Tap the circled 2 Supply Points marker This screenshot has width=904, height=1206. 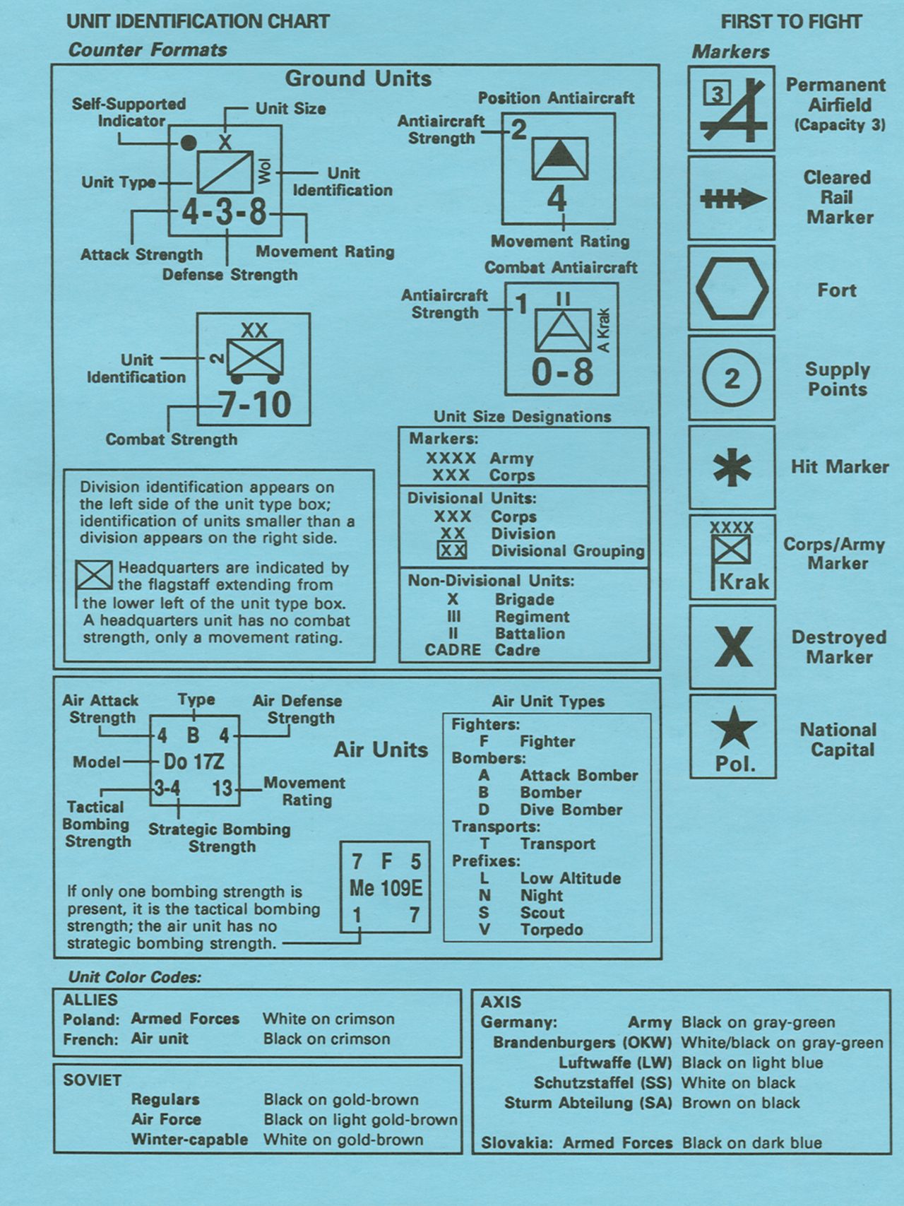pyautogui.click(x=732, y=379)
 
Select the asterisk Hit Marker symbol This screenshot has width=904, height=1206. pyautogui.click(x=732, y=468)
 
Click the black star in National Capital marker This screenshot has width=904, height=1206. pyautogui.click(x=734, y=728)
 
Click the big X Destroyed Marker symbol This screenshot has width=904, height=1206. pyautogui.click(x=733, y=646)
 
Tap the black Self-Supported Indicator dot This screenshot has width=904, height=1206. pyautogui.click(x=188, y=143)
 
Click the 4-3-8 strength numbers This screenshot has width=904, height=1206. pyautogui.click(x=225, y=211)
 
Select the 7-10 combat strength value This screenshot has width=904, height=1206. pyautogui.click(x=254, y=405)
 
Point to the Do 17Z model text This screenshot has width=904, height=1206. pyautogui.click(x=194, y=762)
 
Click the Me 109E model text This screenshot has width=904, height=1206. pyautogui.click(x=386, y=888)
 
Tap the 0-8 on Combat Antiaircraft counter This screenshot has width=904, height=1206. pyautogui.click(x=562, y=372)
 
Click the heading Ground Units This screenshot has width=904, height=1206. pyautogui.click(x=358, y=78)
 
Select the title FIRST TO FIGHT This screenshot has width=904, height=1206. pyautogui.click(x=791, y=22)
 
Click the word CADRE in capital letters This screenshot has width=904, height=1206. pyautogui.click(x=453, y=650)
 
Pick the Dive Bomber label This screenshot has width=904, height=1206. pyautogui.click(x=571, y=810)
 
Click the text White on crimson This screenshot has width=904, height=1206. pyautogui.click(x=328, y=1019)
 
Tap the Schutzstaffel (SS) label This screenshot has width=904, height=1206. pyautogui.click(x=602, y=1082)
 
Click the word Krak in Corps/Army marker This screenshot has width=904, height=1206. pyautogui.click(x=744, y=581)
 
